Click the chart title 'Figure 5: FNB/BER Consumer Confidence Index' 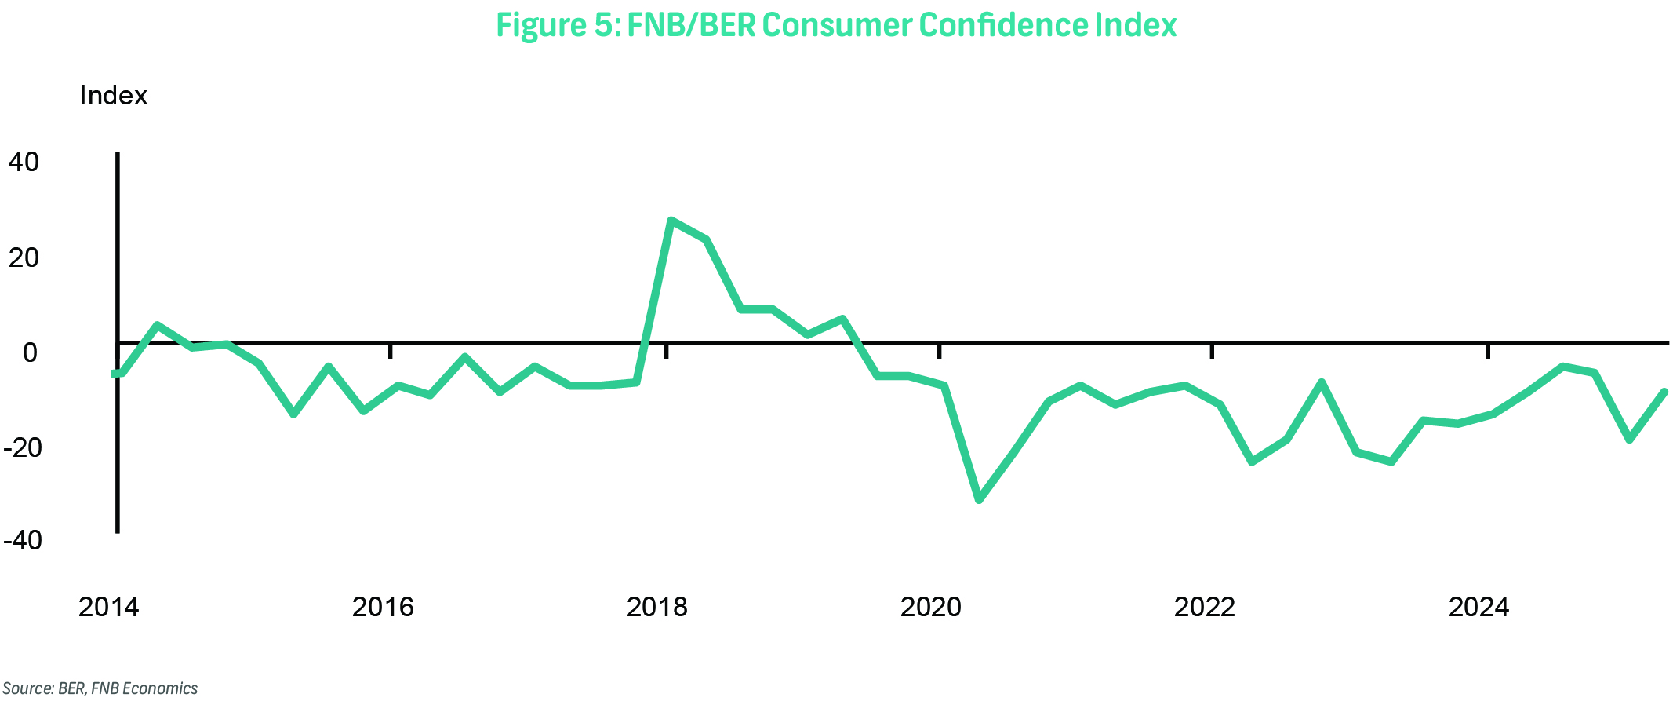(x=836, y=25)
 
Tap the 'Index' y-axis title (x=113, y=96)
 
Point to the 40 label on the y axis (x=24, y=162)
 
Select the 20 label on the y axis (x=24, y=257)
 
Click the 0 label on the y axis (x=30, y=352)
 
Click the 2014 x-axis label (x=108, y=607)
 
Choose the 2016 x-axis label (x=383, y=607)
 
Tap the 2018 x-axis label (x=656, y=607)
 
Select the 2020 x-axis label (x=930, y=607)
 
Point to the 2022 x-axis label (x=1204, y=607)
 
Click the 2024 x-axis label (x=1478, y=607)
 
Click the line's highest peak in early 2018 (x=671, y=221)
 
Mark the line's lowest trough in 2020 (x=979, y=499)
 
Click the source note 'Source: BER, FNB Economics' (x=100, y=688)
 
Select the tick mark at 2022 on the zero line (x=1212, y=350)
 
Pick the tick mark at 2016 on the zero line (x=391, y=350)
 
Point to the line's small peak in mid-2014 (x=157, y=325)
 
